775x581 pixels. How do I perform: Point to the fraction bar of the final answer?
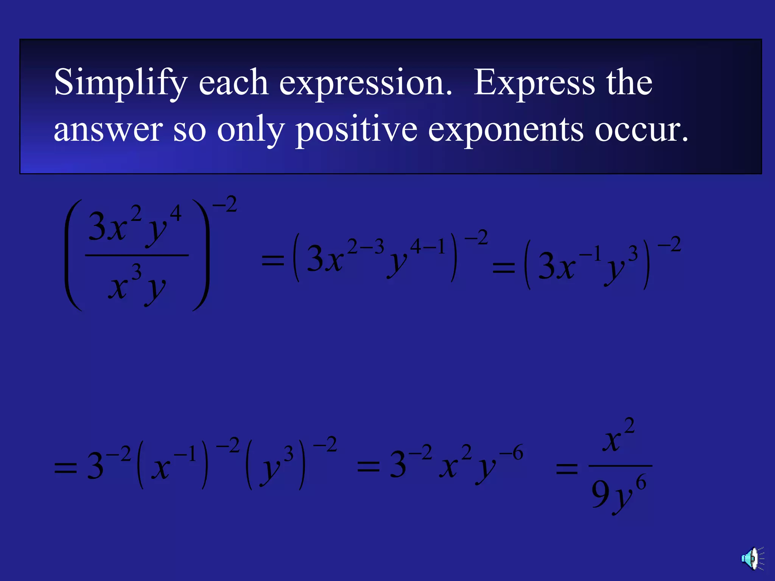pyautogui.click(x=620, y=466)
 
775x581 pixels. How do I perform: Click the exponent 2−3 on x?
pyautogui.click(x=366, y=247)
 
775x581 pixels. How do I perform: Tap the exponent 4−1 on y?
pyautogui.click(x=428, y=247)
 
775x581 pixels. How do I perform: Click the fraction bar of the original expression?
pyautogui.click(x=137, y=256)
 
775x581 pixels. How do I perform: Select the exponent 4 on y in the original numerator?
pyautogui.click(x=176, y=213)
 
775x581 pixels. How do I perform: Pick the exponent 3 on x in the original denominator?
pyautogui.click(x=136, y=272)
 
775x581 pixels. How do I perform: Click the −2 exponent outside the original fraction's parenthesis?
pyautogui.click(x=225, y=205)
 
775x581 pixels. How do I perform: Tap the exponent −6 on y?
pyautogui.click(x=511, y=453)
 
